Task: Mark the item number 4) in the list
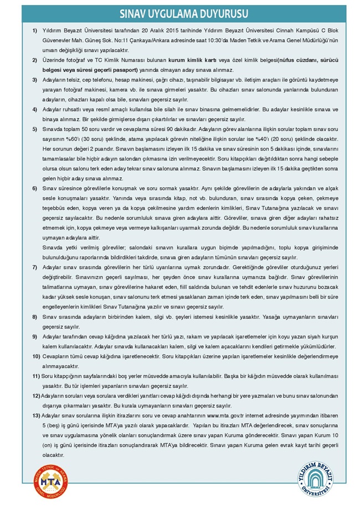(x=34, y=110)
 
